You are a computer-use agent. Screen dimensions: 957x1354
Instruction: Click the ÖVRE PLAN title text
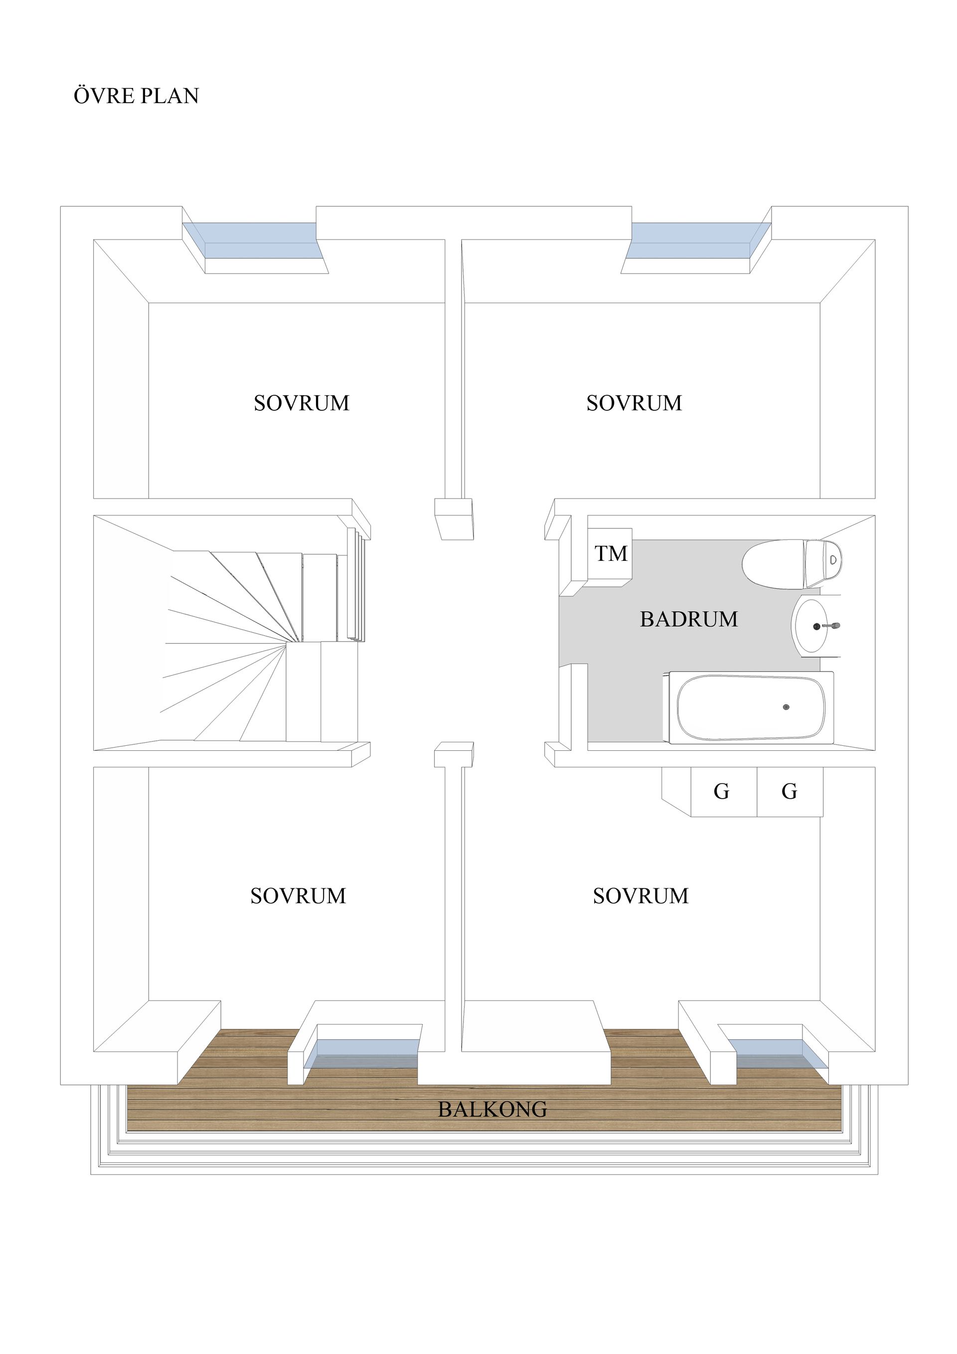click(x=136, y=96)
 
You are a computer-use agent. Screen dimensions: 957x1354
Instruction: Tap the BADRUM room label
click(x=689, y=619)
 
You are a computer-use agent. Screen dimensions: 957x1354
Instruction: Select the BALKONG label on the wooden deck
click(x=492, y=1110)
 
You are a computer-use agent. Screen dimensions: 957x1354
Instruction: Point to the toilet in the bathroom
click(x=792, y=564)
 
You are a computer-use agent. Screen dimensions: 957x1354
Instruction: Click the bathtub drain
click(x=786, y=707)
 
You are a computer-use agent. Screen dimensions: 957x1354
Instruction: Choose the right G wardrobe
click(x=790, y=791)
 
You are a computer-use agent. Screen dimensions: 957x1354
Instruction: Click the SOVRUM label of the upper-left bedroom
click(x=302, y=403)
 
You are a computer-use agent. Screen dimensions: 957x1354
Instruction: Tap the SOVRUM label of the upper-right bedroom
click(x=634, y=403)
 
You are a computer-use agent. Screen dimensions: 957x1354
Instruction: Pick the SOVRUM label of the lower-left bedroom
click(x=298, y=896)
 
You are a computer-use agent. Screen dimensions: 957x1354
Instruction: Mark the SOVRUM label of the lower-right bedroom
click(x=640, y=896)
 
